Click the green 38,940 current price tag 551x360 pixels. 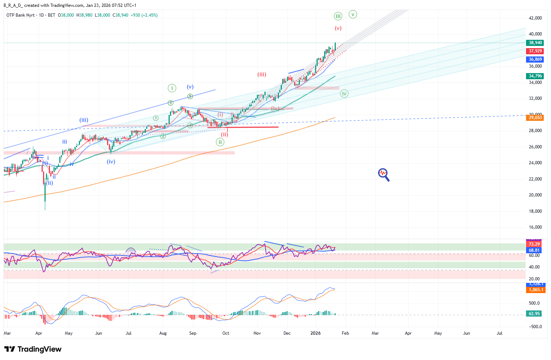coord(535,43)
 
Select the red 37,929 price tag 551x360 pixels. coord(535,51)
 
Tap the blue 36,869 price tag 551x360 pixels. coord(535,59)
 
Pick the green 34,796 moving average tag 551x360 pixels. coord(535,76)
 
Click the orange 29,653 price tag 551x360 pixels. coord(535,118)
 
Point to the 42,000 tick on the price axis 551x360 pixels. coord(535,18)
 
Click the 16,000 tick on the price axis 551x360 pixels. coord(535,227)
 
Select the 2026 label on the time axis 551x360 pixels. coord(315,333)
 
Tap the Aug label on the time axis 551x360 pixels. coord(163,333)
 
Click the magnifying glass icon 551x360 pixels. coord(383,174)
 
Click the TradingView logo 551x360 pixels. coord(33,349)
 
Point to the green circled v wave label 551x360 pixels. coord(353,14)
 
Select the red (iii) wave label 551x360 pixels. coord(262,75)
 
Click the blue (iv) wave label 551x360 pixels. coord(111,162)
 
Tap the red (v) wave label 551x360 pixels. coord(338,28)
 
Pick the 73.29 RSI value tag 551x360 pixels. coord(534,244)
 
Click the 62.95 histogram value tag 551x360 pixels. coord(534,314)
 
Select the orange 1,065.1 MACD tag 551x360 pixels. coord(535,290)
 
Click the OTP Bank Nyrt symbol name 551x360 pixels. coord(21,15)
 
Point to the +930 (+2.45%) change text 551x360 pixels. coord(144,15)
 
